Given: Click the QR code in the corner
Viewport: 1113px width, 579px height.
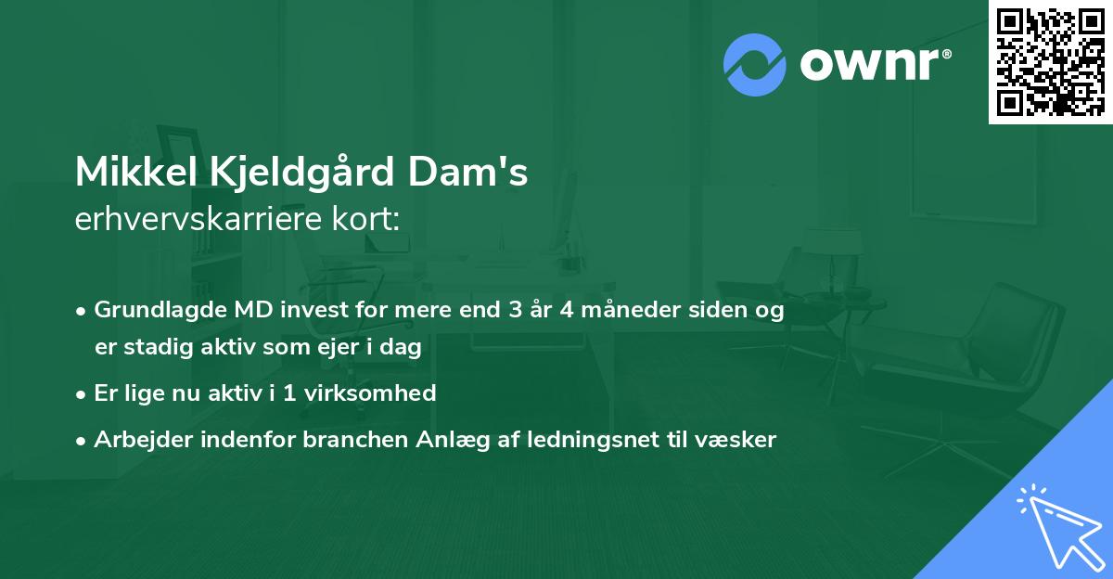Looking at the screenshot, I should tap(1050, 62).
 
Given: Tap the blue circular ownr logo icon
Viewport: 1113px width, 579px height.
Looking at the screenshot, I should tap(754, 64).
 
